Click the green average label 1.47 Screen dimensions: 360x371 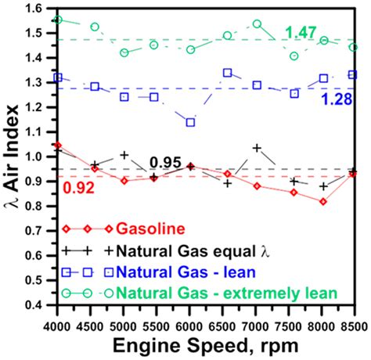pyautogui.click(x=301, y=31)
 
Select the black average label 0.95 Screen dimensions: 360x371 pyautogui.click(x=166, y=161)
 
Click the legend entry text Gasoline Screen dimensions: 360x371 pyautogui.click(x=150, y=229)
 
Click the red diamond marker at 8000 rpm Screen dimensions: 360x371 pyautogui.click(x=322, y=201)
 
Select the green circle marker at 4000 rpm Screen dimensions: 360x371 pyautogui.click(x=58, y=20)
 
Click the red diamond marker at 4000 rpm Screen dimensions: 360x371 pyautogui.click(x=58, y=146)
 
